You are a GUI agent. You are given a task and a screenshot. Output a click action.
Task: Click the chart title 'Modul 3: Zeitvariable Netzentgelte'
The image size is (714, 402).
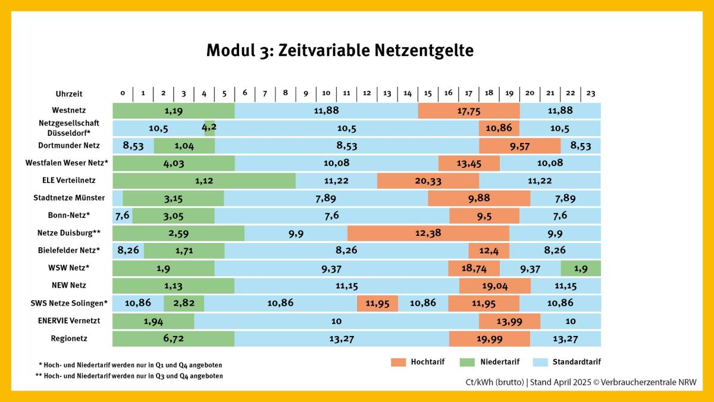point(340,51)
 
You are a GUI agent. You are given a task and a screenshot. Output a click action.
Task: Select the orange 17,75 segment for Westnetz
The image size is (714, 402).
point(469,111)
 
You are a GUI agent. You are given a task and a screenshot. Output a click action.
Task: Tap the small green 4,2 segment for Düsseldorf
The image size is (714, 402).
point(209,128)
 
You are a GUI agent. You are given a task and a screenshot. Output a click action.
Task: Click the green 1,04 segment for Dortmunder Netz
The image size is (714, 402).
point(184,146)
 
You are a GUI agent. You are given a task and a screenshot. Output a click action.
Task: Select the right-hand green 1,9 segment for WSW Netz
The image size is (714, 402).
point(581,269)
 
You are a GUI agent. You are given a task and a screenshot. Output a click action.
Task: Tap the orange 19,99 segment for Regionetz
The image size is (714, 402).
point(489,339)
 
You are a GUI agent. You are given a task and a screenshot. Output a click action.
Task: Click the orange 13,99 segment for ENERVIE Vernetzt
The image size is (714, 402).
point(509,322)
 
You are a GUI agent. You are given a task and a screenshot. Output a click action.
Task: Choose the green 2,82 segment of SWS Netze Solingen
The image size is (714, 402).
point(184,303)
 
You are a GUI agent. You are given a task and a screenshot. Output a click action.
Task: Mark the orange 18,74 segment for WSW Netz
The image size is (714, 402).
point(474,269)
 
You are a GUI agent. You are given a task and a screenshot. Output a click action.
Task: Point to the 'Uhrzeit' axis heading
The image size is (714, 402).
point(69,94)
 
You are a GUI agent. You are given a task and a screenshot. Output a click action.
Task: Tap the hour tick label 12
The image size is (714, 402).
point(367,94)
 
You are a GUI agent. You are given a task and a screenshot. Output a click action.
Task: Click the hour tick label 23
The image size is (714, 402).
point(591,94)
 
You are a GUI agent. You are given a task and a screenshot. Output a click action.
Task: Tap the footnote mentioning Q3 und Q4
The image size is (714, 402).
point(129,376)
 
